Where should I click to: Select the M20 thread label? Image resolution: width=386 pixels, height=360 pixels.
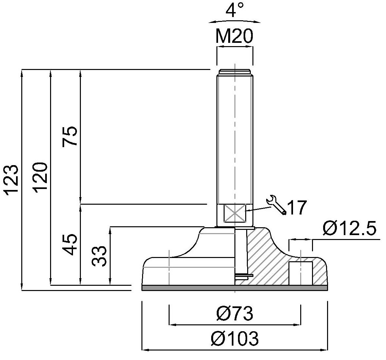[234, 36]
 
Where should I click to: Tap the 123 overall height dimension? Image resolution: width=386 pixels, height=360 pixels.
[12, 180]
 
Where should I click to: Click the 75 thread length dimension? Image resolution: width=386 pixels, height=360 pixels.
[70, 136]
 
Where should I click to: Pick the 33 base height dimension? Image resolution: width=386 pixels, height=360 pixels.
[99, 256]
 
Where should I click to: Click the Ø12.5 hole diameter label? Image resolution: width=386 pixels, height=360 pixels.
[350, 228]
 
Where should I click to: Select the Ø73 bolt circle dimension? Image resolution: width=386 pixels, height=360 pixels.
[235, 314]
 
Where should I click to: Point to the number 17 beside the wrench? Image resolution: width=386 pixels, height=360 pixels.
[297, 207]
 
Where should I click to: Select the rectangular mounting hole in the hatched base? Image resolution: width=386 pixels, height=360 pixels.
[300, 273]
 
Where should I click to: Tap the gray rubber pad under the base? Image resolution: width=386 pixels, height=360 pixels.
[235, 288]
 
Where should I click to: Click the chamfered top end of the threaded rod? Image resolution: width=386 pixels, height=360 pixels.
[235, 72]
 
